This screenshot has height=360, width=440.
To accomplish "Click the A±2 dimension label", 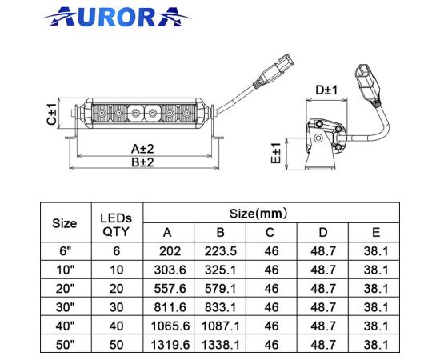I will [143, 149].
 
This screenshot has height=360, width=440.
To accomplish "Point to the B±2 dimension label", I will [143, 162].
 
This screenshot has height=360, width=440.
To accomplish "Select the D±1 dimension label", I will [325, 90].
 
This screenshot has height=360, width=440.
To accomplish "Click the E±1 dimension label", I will [276, 154].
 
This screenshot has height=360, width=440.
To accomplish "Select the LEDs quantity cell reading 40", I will [114, 325].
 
